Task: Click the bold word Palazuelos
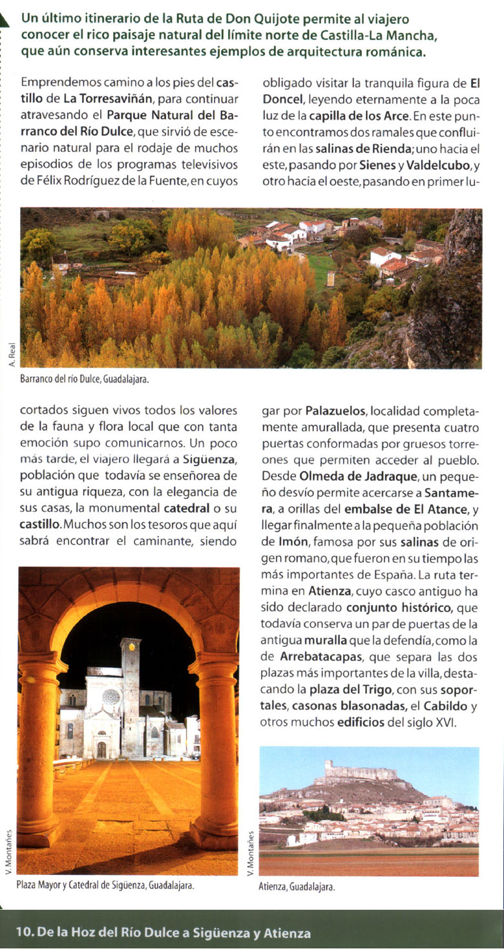pyautogui.click(x=335, y=411)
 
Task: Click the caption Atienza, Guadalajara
pyautogui.click(x=297, y=887)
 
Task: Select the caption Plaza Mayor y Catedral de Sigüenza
pyautogui.click(x=105, y=885)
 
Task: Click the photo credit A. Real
pyautogui.click(x=12, y=355)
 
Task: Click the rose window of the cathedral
pyautogui.click(x=111, y=697)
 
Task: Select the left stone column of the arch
pyautogui.click(x=39, y=750)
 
